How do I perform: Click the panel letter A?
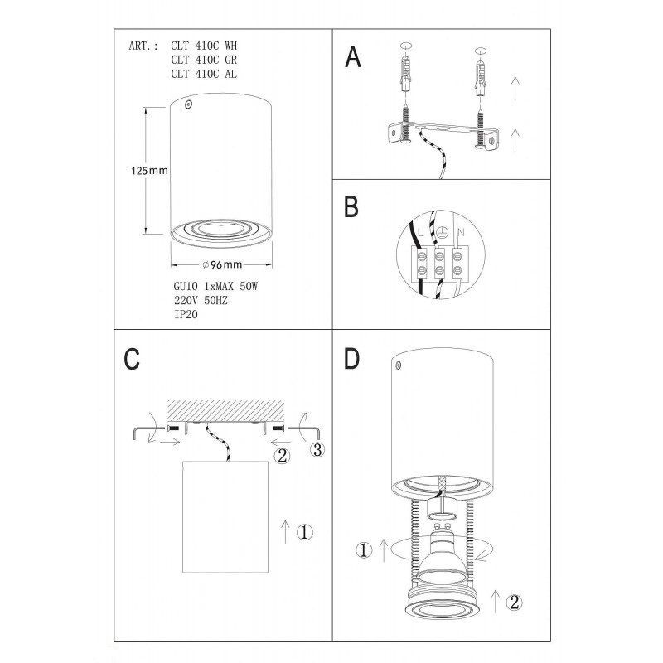[x=353, y=56]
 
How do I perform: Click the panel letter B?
[x=351, y=206]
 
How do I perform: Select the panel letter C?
[x=132, y=359]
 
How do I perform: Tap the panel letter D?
[x=351, y=359]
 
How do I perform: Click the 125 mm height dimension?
[x=149, y=171]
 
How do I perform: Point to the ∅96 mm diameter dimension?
[x=222, y=264]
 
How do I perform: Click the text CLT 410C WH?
[x=204, y=46]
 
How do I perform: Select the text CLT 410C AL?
[x=204, y=74]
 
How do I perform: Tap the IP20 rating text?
[x=186, y=314]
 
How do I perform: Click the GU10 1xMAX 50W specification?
[x=215, y=286]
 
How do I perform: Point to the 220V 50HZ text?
[x=201, y=300]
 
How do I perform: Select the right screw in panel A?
[x=480, y=128]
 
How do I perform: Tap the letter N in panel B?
[x=461, y=232]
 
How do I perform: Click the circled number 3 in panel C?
[x=317, y=449]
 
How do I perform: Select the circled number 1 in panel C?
[x=304, y=532]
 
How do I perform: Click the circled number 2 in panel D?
[x=514, y=603]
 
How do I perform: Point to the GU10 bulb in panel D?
[x=442, y=551]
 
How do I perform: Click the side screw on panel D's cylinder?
[x=398, y=364]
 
